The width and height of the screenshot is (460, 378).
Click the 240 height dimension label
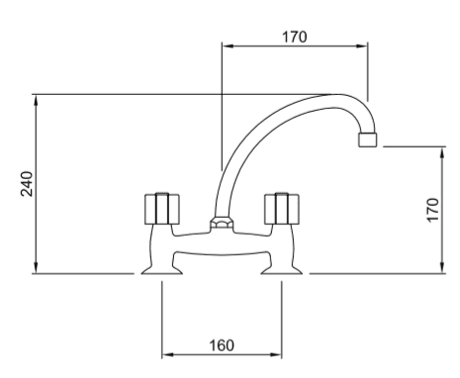click(x=27, y=184)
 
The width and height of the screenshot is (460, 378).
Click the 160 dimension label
click(x=222, y=345)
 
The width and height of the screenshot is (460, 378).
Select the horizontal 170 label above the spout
click(x=295, y=37)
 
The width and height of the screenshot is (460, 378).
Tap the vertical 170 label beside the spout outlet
click(x=433, y=210)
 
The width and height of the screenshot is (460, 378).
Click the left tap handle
click(x=162, y=209)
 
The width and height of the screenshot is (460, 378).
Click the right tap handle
click(x=282, y=209)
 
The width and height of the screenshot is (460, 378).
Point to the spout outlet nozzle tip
click(x=367, y=140)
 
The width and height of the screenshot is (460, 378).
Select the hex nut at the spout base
click(x=222, y=223)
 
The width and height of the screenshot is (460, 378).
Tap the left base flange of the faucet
click(x=162, y=270)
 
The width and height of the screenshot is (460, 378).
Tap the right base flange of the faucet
click(x=282, y=270)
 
